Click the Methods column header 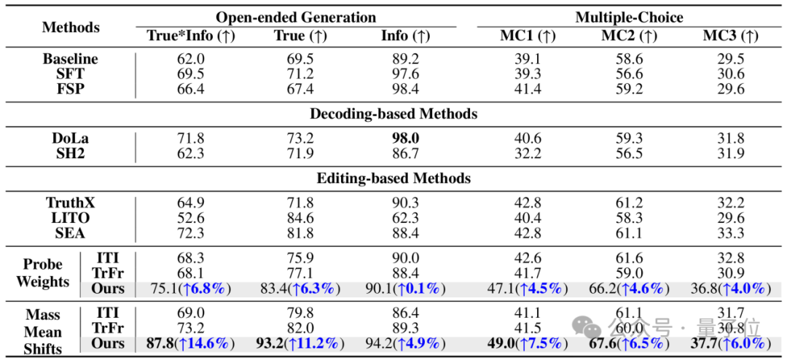click(71, 27)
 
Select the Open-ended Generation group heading click(296, 17)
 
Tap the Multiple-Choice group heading click(630, 17)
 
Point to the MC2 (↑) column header click(630, 36)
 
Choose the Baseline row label click(70, 59)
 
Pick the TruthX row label click(70, 203)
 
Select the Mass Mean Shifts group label click(43, 332)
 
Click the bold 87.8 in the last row click(160, 343)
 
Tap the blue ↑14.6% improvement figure click(204, 343)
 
